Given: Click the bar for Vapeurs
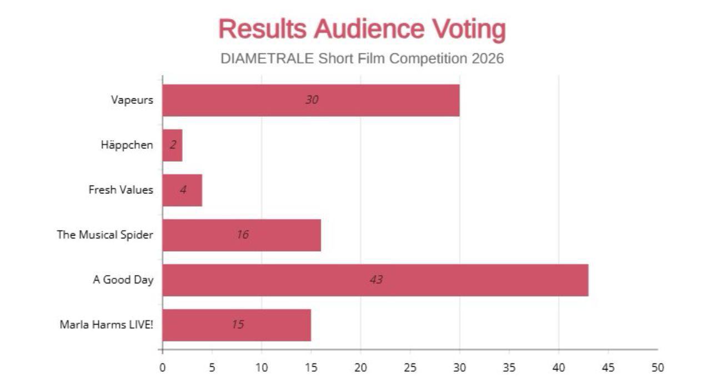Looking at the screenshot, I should [x=311, y=101].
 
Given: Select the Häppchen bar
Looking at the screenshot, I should [x=173, y=145].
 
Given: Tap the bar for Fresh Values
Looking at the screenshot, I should [x=182, y=190].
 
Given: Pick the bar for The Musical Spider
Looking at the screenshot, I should [x=242, y=235].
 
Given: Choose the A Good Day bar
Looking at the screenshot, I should [x=375, y=280].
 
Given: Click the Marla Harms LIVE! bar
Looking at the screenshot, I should [x=237, y=325].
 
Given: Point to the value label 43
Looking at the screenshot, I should [x=376, y=280].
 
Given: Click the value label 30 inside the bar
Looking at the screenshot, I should [x=312, y=100].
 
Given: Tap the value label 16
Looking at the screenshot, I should [x=242, y=235].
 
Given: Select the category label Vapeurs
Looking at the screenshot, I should [x=132, y=101].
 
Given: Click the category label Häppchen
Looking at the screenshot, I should [x=127, y=145].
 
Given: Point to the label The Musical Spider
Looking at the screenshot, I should [x=104, y=235].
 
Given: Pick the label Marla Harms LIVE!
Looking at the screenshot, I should [x=106, y=325].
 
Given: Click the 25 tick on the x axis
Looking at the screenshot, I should [x=410, y=367].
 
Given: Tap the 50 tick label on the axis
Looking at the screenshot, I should [x=658, y=367].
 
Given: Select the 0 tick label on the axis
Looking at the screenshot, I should [x=162, y=367].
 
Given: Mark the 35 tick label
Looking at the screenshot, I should [x=509, y=367].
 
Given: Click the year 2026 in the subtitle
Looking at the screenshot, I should [x=488, y=58].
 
